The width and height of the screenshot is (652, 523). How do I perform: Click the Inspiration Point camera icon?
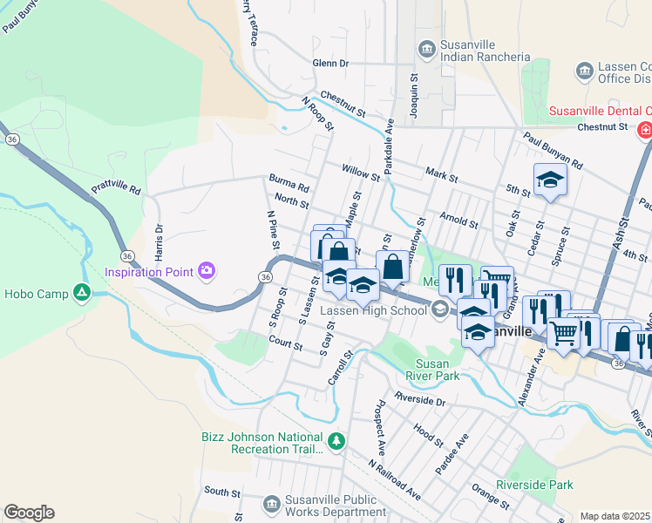tap(206, 271)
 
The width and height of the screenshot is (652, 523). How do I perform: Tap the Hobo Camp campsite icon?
tap(82, 293)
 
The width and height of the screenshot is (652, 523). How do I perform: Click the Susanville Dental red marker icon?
tap(644, 131)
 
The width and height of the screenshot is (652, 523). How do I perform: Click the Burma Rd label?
tap(289, 187)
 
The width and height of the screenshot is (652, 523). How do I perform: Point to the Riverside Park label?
tap(534, 485)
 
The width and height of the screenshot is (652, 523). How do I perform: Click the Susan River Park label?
tap(432, 369)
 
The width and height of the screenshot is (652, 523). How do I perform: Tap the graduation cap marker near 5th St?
tap(550, 180)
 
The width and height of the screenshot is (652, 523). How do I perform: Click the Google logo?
tap(29, 513)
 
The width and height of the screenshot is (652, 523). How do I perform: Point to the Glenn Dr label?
tap(330, 64)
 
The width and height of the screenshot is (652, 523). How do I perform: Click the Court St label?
tap(285, 344)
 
